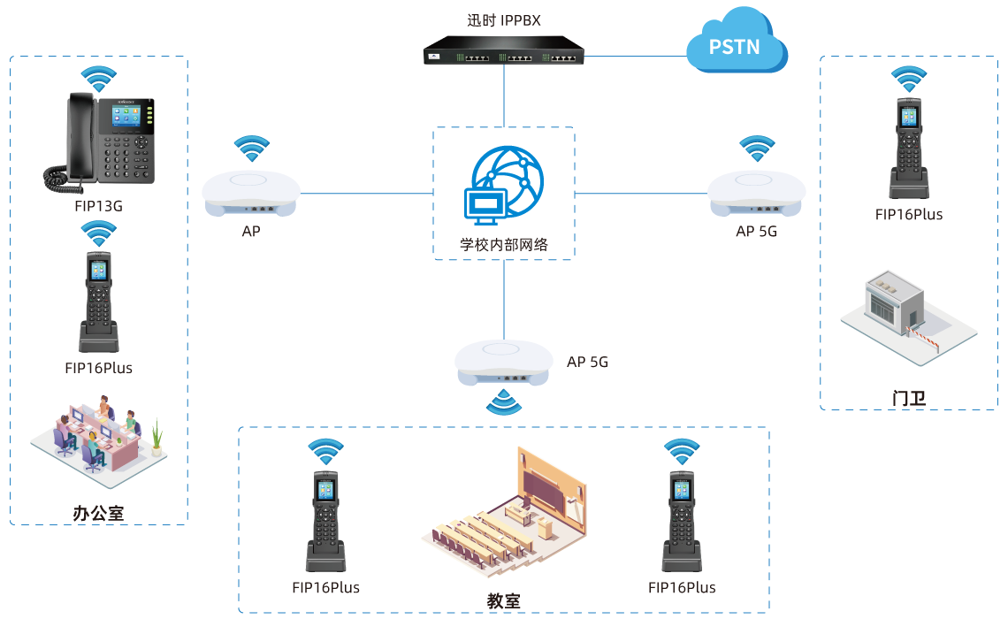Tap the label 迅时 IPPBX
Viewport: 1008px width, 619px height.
[504, 19]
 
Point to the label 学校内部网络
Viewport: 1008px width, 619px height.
[504, 244]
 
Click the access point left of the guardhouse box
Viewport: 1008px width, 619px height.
[757, 192]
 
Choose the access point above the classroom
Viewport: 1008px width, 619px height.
[504, 361]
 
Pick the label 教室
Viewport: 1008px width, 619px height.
[503, 600]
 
